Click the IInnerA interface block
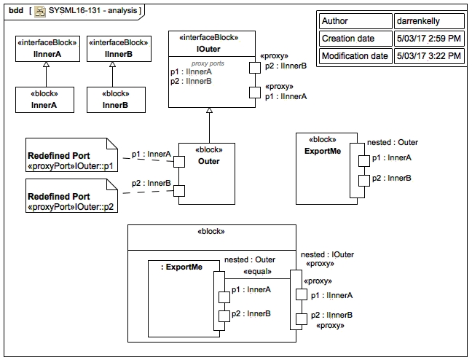tap(45, 48)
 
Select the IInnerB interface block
tap(113, 48)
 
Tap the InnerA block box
tap(45, 100)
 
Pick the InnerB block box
tap(113, 100)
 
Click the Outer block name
tap(208, 161)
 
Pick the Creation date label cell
tap(348, 38)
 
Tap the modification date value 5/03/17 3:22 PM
tap(428, 55)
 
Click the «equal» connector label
tap(258, 272)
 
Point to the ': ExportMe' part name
tap(181, 267)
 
